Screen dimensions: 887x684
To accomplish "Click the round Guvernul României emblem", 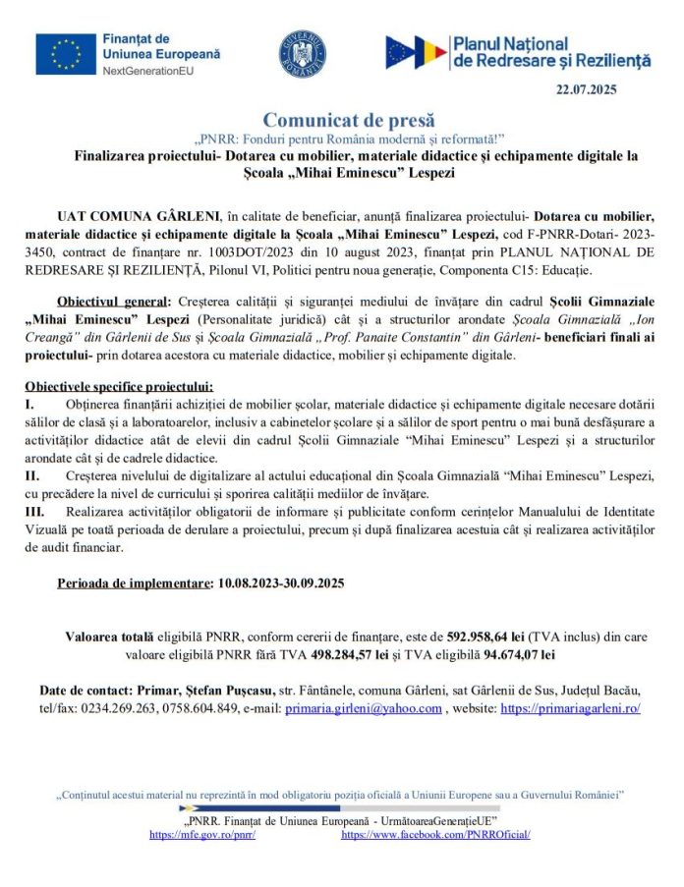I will pos(302,52).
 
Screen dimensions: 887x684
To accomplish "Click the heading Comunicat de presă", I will pos(348,120).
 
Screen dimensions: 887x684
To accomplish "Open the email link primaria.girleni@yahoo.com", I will pos(364,708).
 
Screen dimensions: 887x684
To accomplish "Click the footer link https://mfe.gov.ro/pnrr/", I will pos(202,833).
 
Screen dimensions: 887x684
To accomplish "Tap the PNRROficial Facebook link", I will pos(435,833).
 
